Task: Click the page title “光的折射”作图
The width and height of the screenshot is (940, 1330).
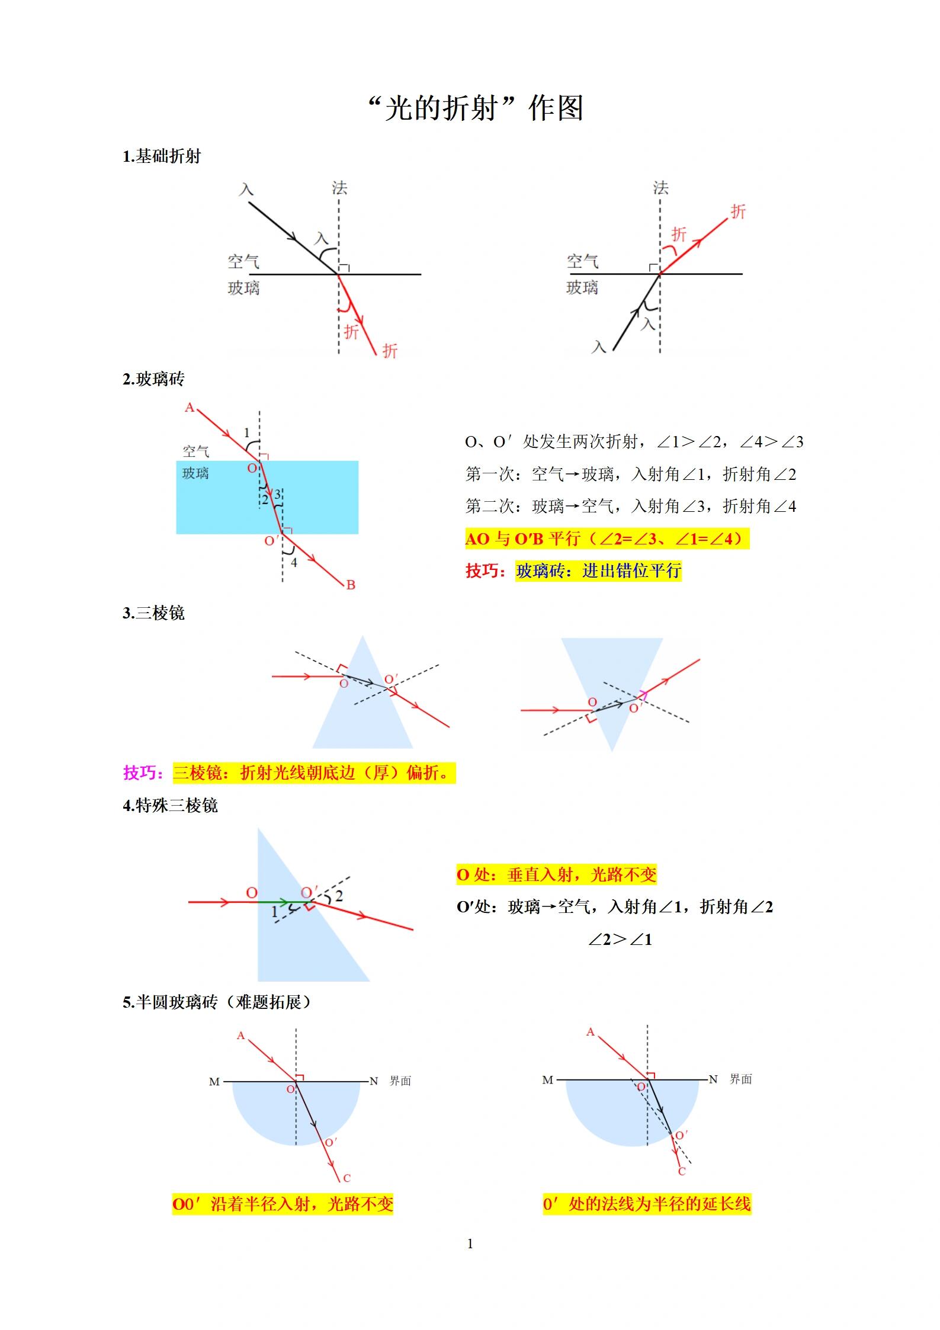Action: (475, 108)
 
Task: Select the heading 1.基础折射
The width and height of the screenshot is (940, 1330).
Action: (162, 156)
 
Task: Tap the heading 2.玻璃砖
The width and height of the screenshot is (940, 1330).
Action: (153, 379)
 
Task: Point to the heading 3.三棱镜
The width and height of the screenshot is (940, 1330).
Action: (153, 613)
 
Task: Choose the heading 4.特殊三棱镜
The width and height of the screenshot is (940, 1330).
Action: (170, 806)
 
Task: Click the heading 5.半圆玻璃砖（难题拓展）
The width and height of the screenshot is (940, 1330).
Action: (217, 1002)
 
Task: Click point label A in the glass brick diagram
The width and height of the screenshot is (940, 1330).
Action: (190, 408)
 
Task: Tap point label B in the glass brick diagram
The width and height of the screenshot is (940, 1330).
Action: (351, 585)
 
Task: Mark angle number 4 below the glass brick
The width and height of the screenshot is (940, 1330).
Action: (294, 562)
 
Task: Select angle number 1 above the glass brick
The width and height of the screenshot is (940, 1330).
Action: (247, 433)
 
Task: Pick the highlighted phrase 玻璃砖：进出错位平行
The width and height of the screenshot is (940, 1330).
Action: (598, 571)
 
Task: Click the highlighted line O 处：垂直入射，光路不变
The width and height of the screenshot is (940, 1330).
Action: (556, 875)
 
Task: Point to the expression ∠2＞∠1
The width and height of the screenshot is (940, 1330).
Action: (620, 940)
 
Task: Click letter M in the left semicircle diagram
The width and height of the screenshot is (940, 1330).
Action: (214, 1082)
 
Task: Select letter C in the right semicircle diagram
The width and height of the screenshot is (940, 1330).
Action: (682, 1171)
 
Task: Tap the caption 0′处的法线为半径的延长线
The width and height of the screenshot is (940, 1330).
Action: (647, 1204)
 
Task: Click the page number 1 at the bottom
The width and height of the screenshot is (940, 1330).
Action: (470, 1244)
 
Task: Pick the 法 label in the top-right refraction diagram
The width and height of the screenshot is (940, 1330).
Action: (660, 188)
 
